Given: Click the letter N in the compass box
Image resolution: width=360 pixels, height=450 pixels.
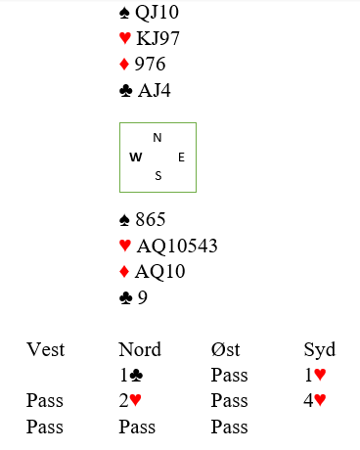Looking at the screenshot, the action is point(157,138).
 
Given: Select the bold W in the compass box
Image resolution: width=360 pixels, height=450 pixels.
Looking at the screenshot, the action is point(136,157).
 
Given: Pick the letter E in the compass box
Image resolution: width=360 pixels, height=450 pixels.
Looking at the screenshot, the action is point(181,157).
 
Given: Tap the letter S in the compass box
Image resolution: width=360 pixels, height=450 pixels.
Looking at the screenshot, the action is point(158,176).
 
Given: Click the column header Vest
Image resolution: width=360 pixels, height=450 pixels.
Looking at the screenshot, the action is point(46,349).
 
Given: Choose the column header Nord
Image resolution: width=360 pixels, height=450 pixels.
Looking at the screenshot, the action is point(140,349).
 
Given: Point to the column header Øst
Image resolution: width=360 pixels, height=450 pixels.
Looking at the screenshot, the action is point(225,349).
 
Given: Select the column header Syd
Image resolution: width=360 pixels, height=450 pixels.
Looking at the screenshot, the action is point(320,350).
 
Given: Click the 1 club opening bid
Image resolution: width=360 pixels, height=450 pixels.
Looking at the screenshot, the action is point(131,375).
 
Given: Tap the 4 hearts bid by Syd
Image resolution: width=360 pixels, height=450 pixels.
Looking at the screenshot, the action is point(315,400).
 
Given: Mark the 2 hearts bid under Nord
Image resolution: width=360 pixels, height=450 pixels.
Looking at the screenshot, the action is point(130,400).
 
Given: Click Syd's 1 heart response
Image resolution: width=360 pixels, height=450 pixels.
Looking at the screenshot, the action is point(315,375).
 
